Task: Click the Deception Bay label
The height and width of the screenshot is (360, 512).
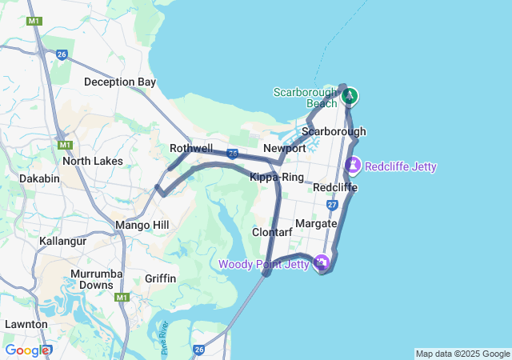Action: click(x=120, y=82)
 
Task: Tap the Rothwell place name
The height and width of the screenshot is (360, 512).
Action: click(x=191, y=149)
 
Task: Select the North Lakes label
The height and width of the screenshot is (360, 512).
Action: click(x=93, y=161)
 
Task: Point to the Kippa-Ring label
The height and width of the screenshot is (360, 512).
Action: click(x=277, y=177)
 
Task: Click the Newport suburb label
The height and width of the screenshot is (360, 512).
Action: click(x=285, y=149)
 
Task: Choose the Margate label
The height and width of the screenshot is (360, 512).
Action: click(x=316, y=223)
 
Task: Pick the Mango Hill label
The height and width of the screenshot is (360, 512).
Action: click(x=142, y=226)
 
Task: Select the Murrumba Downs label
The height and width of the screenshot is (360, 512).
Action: click(x=91, y=279)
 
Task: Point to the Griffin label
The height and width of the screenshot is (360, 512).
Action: click(x=160, y=278)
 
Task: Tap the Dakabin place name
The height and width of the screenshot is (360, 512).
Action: click(x=39, y=178)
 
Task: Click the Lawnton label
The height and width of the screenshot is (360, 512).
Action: click(x=26, y=324)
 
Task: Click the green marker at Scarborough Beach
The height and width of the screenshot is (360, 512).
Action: click(x=349, y=97)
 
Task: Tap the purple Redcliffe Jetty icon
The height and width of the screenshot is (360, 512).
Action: click(x=353, y=166)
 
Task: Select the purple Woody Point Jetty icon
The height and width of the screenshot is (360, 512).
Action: click(x=321, y=262)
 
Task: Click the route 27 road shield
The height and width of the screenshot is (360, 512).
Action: click(x=332, y=206)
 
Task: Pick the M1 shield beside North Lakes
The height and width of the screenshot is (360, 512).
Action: click(x=64, y=145)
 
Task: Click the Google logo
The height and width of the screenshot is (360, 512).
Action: click(x=26, y=350)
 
